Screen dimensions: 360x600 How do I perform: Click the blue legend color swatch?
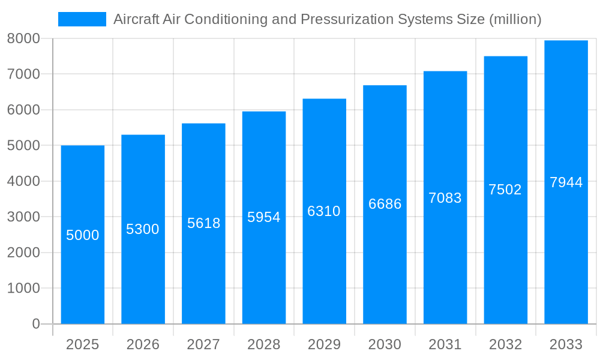[82, 19]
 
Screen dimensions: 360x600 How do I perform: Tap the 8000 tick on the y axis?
[23, 38]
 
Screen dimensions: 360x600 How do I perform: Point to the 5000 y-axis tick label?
[23, 145]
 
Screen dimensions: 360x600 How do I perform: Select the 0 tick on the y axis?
[35, 324]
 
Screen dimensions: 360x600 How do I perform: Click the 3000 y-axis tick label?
[23, 217]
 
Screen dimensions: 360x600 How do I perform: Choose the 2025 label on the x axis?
[82, 344]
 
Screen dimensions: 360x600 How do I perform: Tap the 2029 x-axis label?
[324, 344]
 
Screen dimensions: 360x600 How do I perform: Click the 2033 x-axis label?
[566, 344]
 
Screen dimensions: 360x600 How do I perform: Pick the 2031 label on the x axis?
[445, 344]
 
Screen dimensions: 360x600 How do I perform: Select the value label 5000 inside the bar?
[82, 235]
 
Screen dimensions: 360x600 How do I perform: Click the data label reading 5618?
[203, 223]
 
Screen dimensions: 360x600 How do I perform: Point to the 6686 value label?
[385, 204]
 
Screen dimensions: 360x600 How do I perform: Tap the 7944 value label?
[566, 182]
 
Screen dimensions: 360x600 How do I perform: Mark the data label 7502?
[505, 190]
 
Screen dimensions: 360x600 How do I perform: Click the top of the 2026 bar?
[143, 136]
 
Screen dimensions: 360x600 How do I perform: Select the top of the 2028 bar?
[264, 112]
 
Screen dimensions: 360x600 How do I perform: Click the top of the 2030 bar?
[385, 86]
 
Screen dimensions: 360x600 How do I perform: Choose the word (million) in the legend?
[515, 19]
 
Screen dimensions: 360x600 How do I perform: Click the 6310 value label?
[324, 211]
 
